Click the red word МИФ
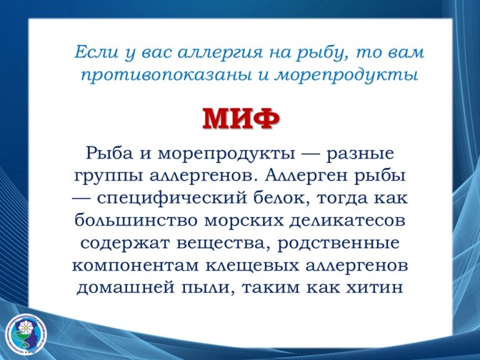tap(241, 119)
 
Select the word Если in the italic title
tap(96, 52)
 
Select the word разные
tap(360, 154)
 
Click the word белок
tap(282, 197)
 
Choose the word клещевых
tap(252, 266)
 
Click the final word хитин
tap(374, 287)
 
